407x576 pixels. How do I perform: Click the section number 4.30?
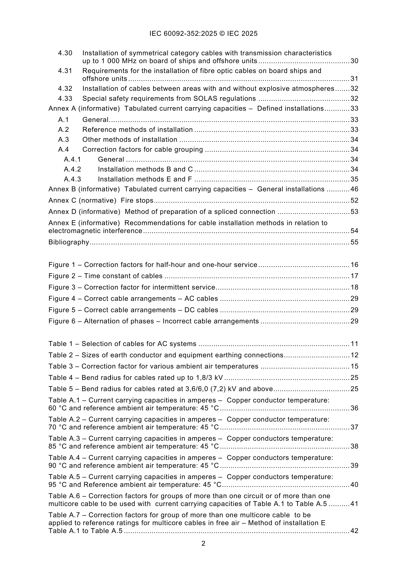(x=65, y=53)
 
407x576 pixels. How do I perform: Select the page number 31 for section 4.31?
(x=354, y=79)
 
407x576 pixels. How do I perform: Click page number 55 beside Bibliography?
(x=354, y=242)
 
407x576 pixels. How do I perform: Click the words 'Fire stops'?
(x=137, y=200)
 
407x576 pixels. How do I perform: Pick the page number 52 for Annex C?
(x=354, y=200)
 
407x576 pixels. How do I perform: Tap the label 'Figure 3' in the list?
(x=62, y=287)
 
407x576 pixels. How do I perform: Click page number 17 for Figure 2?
(x=354, y=276)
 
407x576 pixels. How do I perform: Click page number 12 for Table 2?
(x=354, y=355)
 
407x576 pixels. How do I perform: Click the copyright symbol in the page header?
(x=222, y=34)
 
